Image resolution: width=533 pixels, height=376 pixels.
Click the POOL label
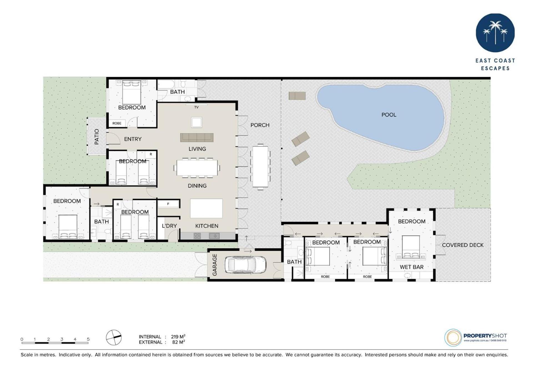389,115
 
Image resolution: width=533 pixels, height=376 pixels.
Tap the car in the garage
245,265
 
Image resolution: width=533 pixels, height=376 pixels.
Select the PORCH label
260,125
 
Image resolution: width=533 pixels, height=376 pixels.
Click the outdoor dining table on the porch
260,167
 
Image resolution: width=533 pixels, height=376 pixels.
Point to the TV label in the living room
196,107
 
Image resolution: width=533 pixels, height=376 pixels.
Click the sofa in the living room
197,137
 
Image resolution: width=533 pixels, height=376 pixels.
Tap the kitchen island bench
206,208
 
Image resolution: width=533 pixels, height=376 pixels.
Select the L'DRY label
169,226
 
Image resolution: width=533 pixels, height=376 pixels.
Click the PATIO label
97,137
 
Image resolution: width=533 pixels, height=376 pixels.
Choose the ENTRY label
133,139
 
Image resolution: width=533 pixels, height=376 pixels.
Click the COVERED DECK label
462,245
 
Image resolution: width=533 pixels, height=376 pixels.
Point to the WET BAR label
411,267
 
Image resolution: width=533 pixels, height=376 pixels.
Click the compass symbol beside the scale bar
114,337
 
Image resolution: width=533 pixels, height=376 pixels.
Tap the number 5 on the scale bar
88,339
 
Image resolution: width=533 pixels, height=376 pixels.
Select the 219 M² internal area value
178,337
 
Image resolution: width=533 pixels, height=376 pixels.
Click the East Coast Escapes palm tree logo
495,33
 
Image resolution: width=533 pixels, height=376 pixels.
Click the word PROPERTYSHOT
485,336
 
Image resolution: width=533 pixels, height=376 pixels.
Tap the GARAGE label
215,265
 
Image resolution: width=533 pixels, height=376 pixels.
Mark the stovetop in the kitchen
197,236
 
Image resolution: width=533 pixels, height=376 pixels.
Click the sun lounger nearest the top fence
297,96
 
